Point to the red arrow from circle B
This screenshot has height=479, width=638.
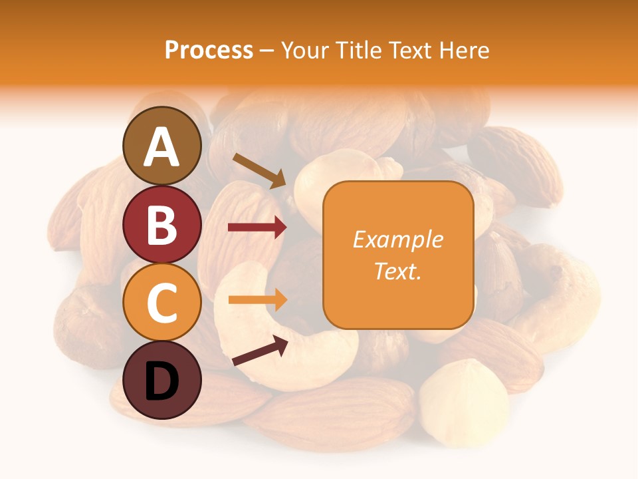(257, 228)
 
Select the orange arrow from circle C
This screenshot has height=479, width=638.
(257, 299)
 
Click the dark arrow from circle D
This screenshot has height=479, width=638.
(260, 351)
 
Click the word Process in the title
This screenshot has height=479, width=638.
(209, 50)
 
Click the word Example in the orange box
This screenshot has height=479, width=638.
(397, 239)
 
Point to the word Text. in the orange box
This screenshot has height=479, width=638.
(397, 271)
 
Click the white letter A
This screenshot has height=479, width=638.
(162, 147)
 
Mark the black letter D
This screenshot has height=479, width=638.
(162, 383)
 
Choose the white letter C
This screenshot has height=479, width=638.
(162, 303)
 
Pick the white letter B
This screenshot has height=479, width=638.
(162, 224)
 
